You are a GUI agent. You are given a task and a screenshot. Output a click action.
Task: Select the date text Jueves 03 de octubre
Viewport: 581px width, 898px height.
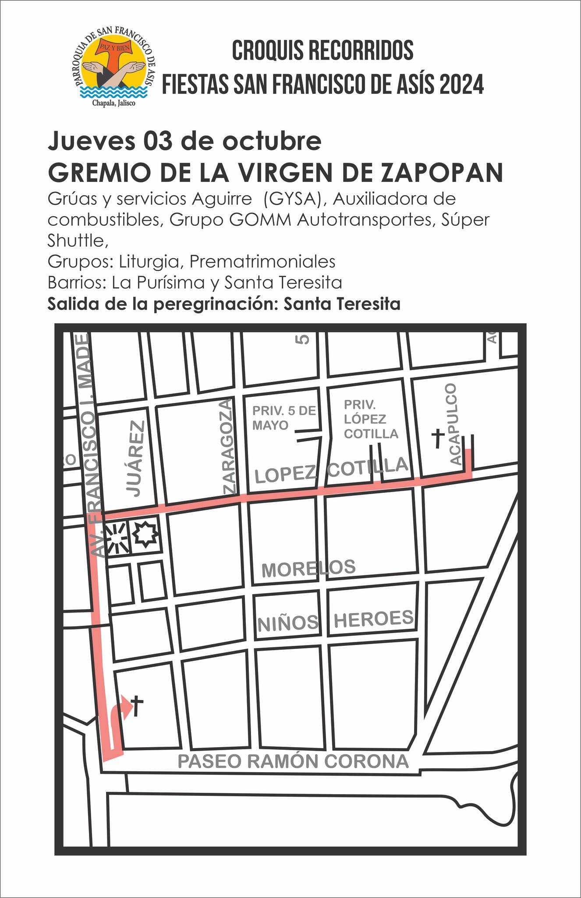coord(184,141)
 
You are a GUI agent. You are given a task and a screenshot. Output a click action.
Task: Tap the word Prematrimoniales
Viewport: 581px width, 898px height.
coord(262,262)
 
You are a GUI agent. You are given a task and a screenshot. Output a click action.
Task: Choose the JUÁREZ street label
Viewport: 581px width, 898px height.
coord(137,458)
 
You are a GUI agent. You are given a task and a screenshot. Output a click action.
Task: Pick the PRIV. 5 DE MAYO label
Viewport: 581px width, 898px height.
coord(283,417)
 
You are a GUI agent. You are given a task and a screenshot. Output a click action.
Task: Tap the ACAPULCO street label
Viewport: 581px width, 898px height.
coord(455,424)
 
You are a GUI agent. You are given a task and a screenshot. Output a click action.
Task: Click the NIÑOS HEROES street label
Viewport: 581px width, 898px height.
coord(335,620)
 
